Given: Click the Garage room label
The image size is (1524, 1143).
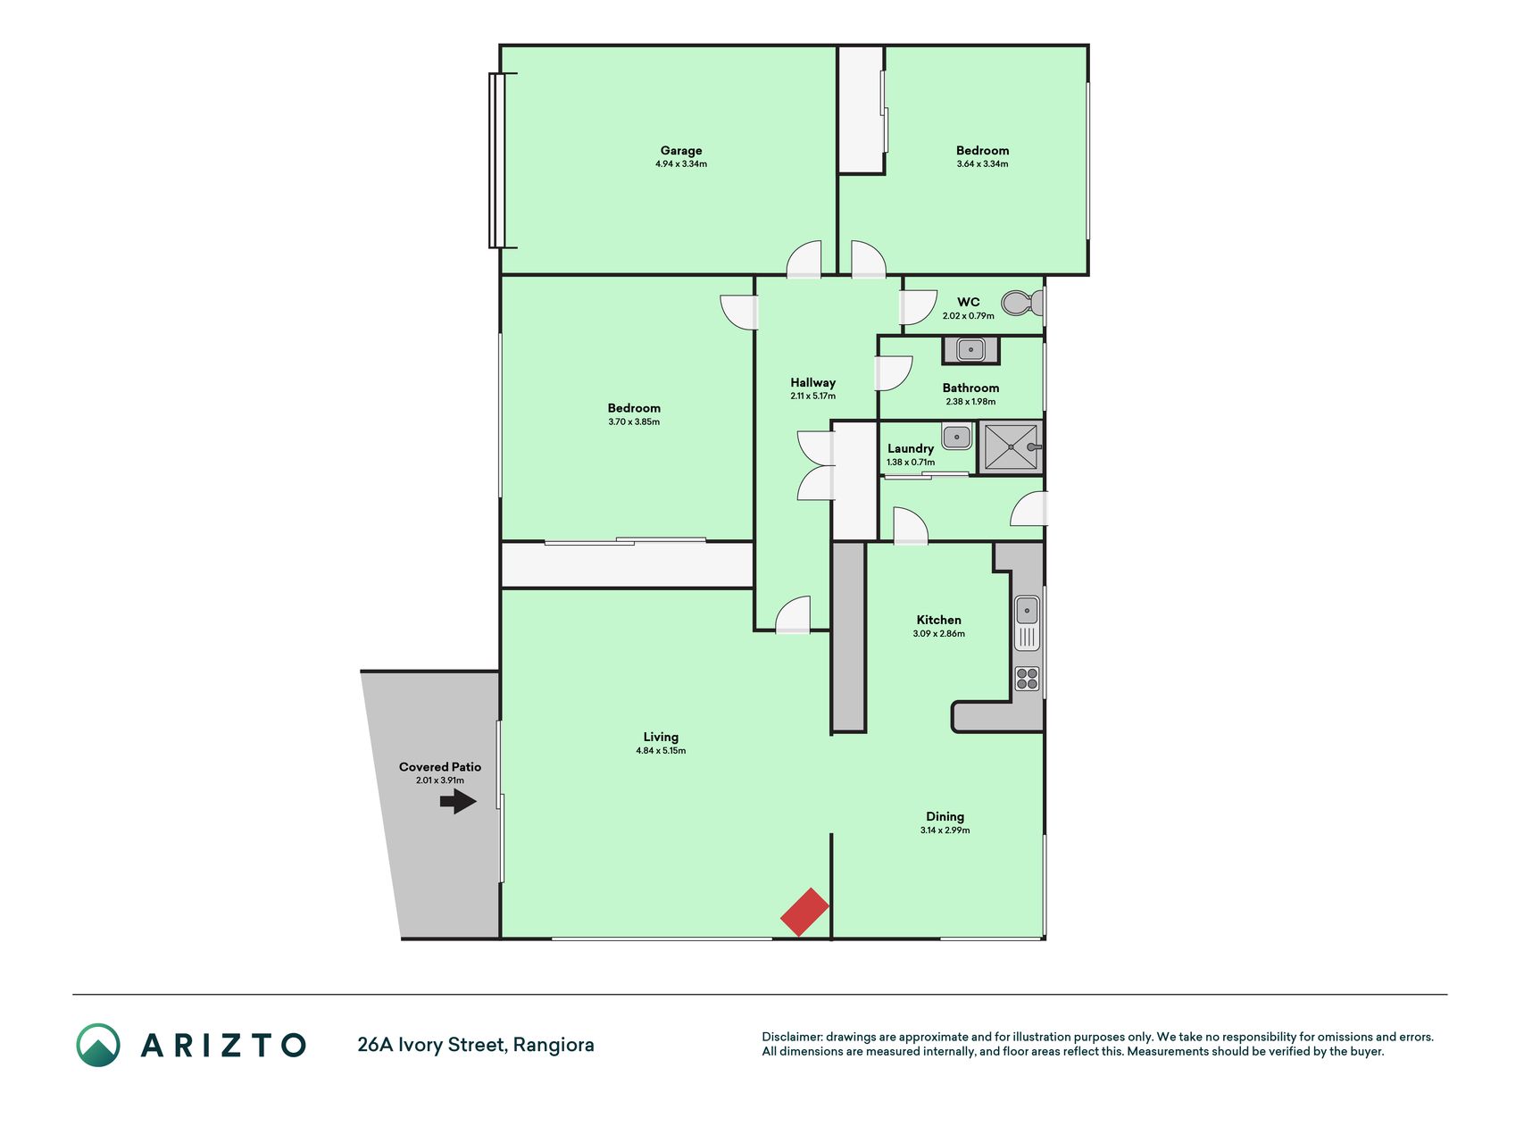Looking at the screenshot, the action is pyautogui.click(x=681, y=151).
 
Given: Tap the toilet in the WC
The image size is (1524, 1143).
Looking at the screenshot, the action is pyautogui.click(x=1021, y=304).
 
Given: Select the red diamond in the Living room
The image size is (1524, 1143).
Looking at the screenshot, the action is pyautogui.click(x=805, y=912).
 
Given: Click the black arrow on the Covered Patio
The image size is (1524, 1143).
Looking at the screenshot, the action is pyautogui.click(x=458, y=802).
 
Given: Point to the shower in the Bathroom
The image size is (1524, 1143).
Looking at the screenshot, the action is pyautogui.click(x=1011, y=446).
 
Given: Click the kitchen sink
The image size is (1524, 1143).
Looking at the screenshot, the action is pyautogui.click(x=1028, y=622).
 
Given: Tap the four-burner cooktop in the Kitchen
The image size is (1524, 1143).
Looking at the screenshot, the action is pyautogui.click(x=1028, y=679).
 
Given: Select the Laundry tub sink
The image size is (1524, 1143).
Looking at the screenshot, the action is pyautogui.click(x=956, y=437).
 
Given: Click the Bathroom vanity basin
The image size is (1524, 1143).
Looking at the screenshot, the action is pyautogui.click(x=970, y=350).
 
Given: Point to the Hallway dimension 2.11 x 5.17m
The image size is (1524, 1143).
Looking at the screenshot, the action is pyautogui.click(x=812, y=396).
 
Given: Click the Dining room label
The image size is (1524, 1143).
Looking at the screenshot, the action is pyautogui.click(x=945, y=816).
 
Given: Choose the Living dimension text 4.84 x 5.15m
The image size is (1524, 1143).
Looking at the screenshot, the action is pyautogui.click(x=661, y=751).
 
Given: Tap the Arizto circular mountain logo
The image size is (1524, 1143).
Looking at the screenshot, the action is pyautogui.click(x=98, y=1045).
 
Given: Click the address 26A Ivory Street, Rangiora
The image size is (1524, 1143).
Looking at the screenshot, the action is pyautogui.click(x=476, y=1045).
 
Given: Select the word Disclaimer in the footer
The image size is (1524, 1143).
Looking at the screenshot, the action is pyautogui.click(x=791, y=1037).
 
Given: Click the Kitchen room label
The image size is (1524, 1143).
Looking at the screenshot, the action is pyautogui.click(x=939, y=620).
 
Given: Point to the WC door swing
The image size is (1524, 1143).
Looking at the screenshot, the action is pyautogui.click(x=918, y=307).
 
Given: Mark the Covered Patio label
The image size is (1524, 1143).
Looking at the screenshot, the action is pyautogui.click(x=440, y=767).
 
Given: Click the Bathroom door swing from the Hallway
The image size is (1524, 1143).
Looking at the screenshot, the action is pyautogui.click(x=893, y=373).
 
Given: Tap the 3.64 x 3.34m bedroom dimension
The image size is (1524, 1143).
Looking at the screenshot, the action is pyautogui.click(x=982, y=164).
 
